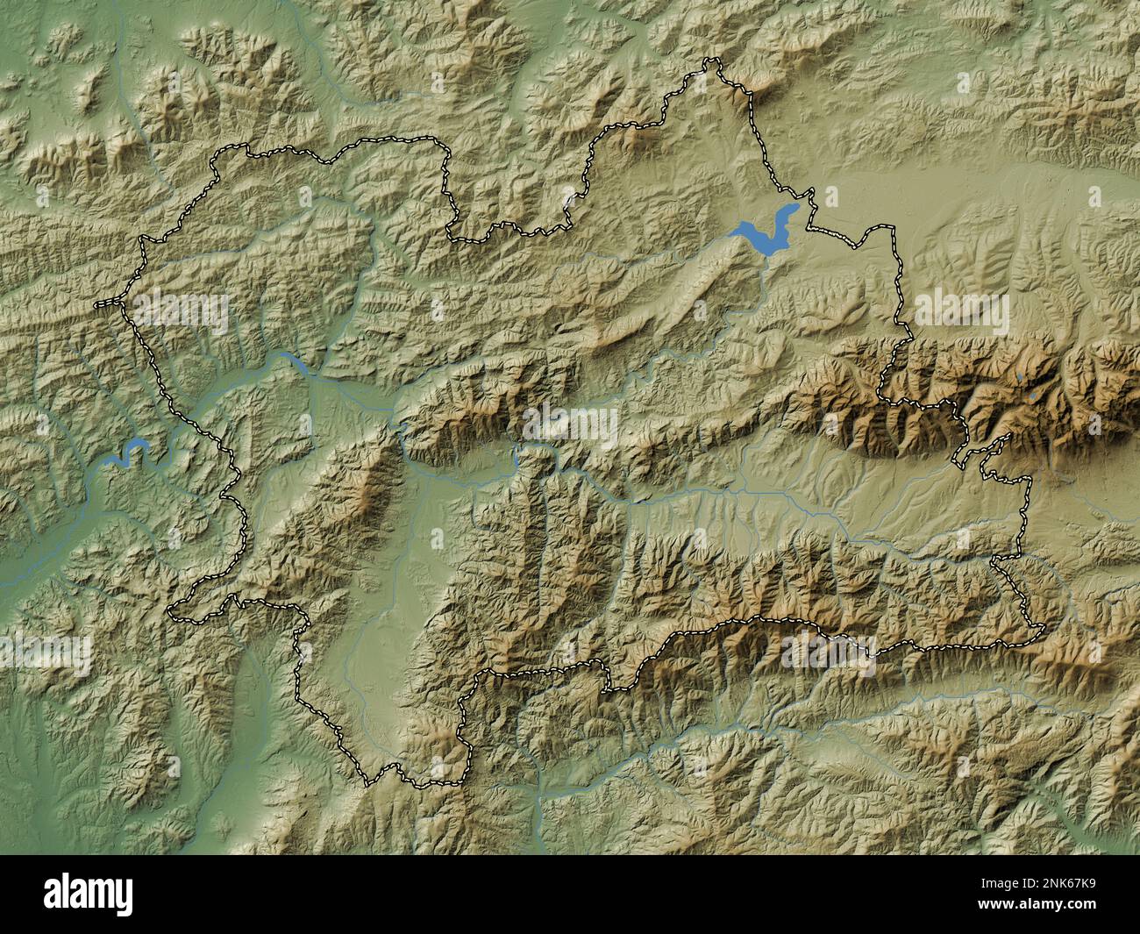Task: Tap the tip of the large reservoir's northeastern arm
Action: tap(795, 208)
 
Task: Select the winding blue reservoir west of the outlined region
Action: tap(125, 453)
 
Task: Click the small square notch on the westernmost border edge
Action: tap(106, 303)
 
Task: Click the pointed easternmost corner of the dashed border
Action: tap(1044, 628)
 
